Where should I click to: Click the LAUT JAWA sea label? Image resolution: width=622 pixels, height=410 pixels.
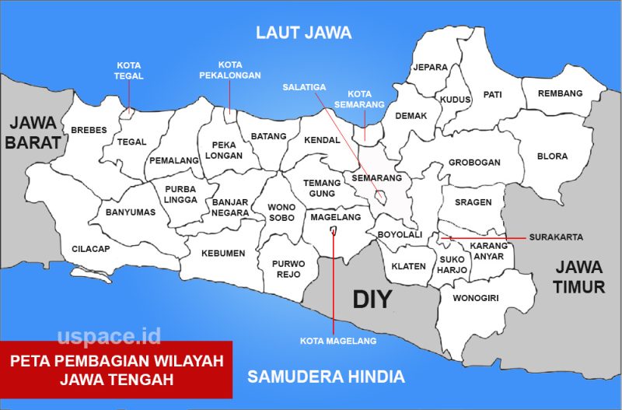pyautogui.click(x=304, y=33)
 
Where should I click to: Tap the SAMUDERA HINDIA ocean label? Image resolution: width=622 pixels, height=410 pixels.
pyautogui.click(x=326, y=377)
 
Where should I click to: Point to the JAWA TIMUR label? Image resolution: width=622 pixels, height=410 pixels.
pyautogui.click(x=579, y=276)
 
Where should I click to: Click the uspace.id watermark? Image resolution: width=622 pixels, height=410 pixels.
pyautogui.click(x=109, y=336)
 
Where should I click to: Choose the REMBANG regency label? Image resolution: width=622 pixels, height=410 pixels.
pyautogui.click(x=560, y=93)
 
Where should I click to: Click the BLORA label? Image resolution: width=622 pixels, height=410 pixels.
pyautogui.click(x=552, y=156)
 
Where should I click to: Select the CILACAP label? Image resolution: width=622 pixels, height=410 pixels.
pyautogui.click(x=91, y=249)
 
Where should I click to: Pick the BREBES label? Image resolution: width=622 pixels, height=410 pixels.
pyautogui.click(x=89, y=130)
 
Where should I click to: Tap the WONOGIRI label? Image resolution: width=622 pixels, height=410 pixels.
pyautogui.click(x=475, y=298)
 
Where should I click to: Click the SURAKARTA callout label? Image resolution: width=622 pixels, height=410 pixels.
pyautogui.click(x=556, y=237)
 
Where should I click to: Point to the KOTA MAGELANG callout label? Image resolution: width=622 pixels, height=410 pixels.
pyautogui.click(x=338, y=341)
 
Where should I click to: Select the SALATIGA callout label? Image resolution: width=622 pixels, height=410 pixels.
pyautogui.click(x=304, y=87)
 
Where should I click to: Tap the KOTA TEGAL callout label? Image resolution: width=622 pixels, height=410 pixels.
pyautogui.click(x=129, y=71)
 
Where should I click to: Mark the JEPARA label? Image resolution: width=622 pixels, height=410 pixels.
pyautogui.click(x=430, y=68)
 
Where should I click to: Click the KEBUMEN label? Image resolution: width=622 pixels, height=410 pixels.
pyautogui.click(x=223, y=253)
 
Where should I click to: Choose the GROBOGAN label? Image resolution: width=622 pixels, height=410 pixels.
pyautogui.click(x=474, y=163)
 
